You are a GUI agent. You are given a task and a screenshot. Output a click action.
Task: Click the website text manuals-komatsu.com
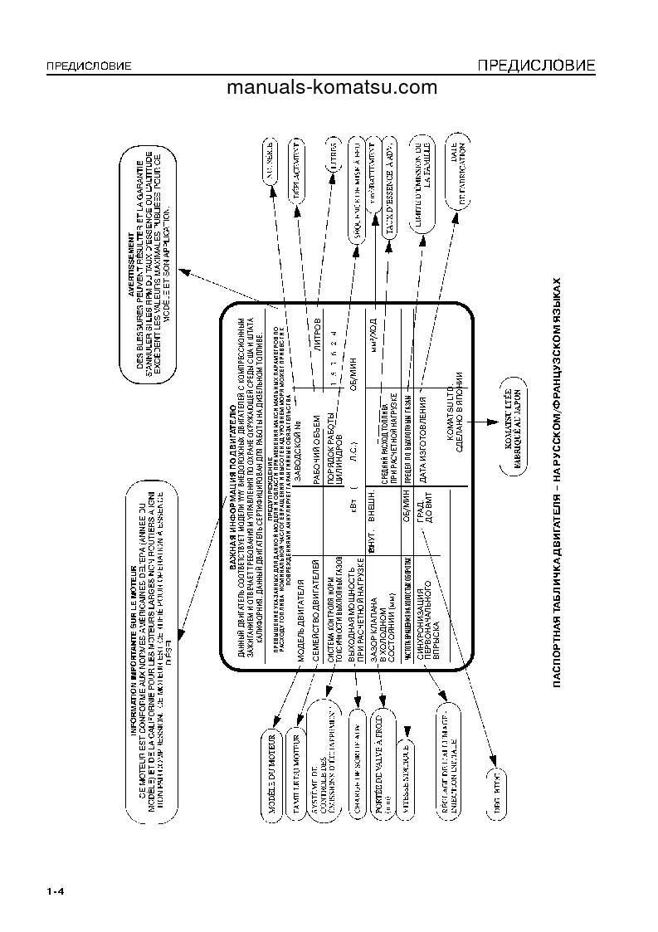(x=331, y=88)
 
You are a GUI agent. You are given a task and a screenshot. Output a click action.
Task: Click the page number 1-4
(x=56, y=892)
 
